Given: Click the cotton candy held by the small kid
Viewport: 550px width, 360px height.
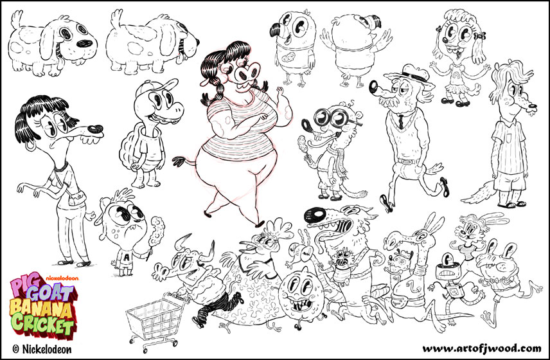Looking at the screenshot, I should click(x=157, y=226).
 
